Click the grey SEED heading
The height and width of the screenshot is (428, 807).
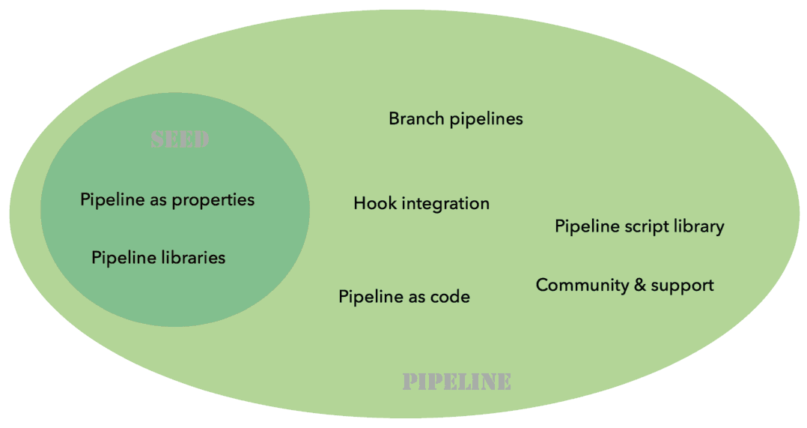pyautogui.click(x=180, y=140)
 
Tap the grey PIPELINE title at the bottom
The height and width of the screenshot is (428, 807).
pyautogui.click(x=457, y=382)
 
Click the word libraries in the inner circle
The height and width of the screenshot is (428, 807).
pyautogui.click(x=193, y=258)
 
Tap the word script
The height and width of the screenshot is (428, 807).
pyautogui.click(x=648, y=226)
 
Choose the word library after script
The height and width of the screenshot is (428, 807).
pyautogui.click(x=699, y=226)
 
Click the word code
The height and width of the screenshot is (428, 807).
pyautogui.click(x=450, y=297)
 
